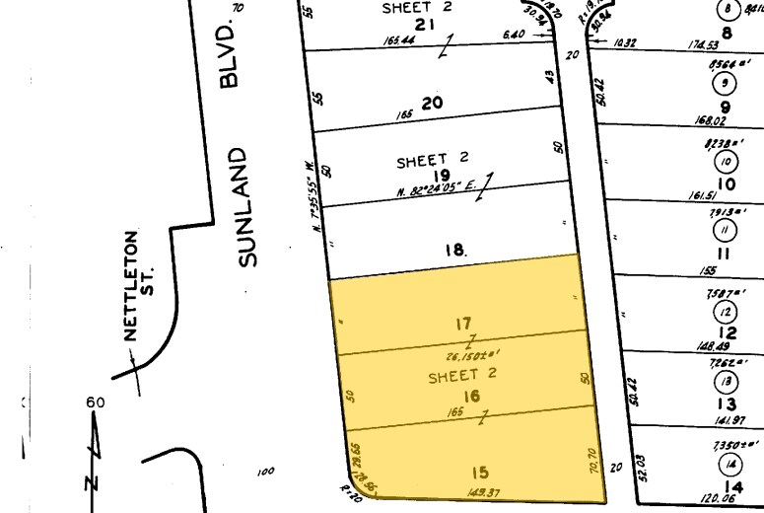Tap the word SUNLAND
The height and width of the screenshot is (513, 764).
246,208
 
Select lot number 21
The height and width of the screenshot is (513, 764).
424,25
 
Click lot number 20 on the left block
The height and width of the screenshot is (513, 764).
432,102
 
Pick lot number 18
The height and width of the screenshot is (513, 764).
453,251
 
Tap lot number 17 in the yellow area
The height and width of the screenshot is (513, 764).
464,323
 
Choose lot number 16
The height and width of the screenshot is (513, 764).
471,396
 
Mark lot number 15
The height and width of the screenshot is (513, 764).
481,472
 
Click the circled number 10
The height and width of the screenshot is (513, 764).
728,163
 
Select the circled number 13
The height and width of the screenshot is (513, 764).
728,382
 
